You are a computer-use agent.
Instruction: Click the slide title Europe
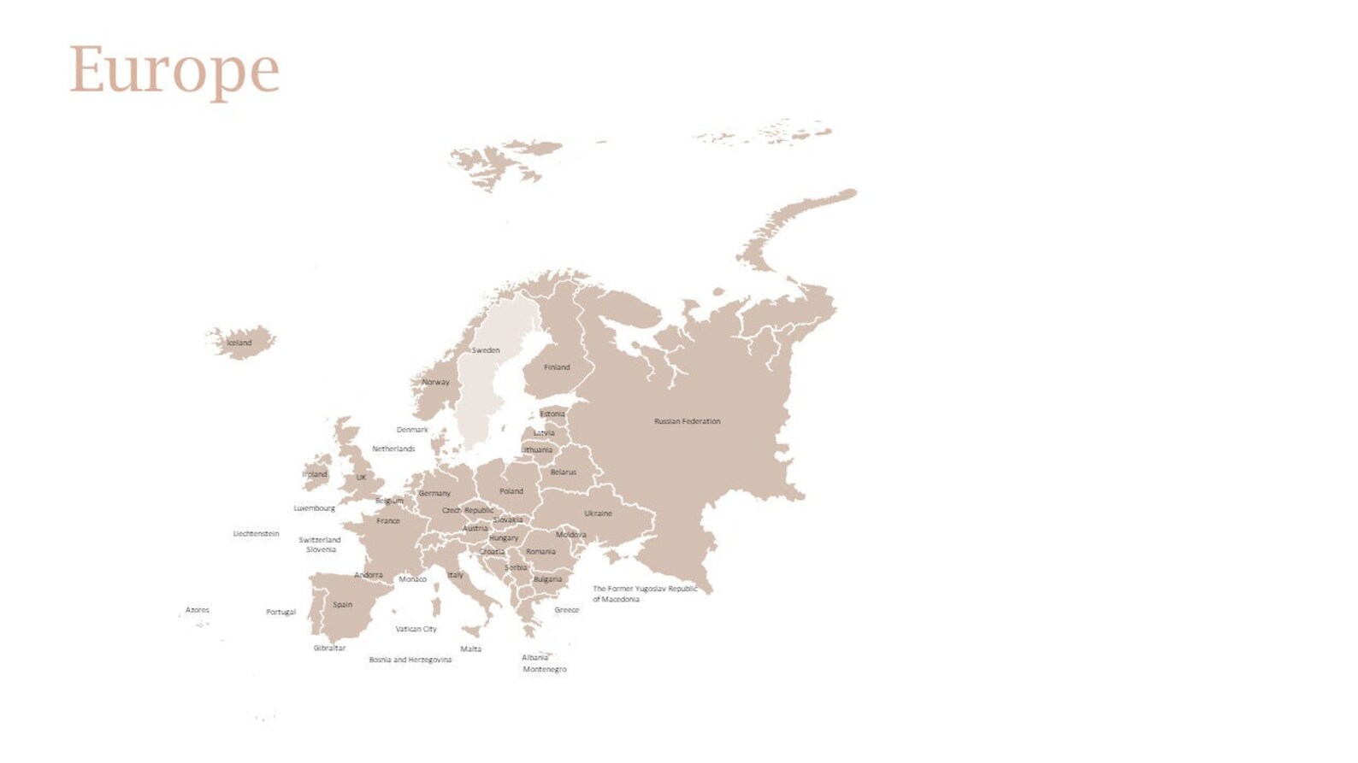click(174, 70)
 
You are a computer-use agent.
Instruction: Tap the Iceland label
click(239, 343)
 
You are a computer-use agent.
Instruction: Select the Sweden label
click(486, 350)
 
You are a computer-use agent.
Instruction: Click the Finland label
click(557, 367)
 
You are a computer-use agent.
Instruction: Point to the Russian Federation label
click(687, 421)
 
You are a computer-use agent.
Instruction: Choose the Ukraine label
click(598, 514)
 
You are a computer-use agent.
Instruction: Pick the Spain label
click(342, 605)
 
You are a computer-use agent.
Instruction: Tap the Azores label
click(198, 610)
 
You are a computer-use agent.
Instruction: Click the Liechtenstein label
click(256, 534)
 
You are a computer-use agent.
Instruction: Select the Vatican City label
click(416, 630)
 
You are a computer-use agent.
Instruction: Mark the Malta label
click(470, 649)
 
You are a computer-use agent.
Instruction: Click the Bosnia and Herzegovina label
click(410, 660)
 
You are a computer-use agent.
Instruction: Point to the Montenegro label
click(544, 670)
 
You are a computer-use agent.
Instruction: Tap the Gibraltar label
click(329, 649)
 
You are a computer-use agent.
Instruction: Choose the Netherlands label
click(393, 449)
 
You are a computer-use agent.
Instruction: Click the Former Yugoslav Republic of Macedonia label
click(645, 594)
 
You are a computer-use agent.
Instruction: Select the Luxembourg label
click(315, 508)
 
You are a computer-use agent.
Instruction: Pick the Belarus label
click(563, 472)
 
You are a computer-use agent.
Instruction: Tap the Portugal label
click(280, 613)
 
